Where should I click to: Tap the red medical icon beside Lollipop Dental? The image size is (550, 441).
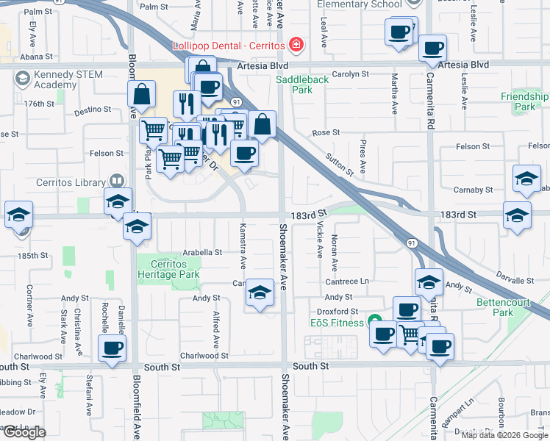[296, 45]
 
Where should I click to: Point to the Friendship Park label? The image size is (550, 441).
[524, 101]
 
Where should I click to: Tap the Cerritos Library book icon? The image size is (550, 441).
[116, 182]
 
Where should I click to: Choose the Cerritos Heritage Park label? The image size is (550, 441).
[168, 269]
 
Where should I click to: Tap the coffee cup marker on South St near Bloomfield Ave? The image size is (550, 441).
[112, 348]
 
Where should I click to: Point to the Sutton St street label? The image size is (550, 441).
[340, 165]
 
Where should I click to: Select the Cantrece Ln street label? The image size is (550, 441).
[348, 282]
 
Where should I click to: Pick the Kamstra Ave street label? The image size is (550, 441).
[243, 246]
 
